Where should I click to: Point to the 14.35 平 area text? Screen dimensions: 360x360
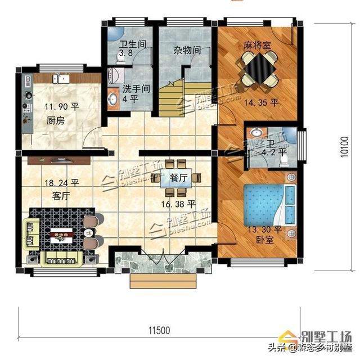pyautogui.click(x=263, y=103)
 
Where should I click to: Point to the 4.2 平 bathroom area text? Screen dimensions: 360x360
pyautogui.click(x=274, y=151)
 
